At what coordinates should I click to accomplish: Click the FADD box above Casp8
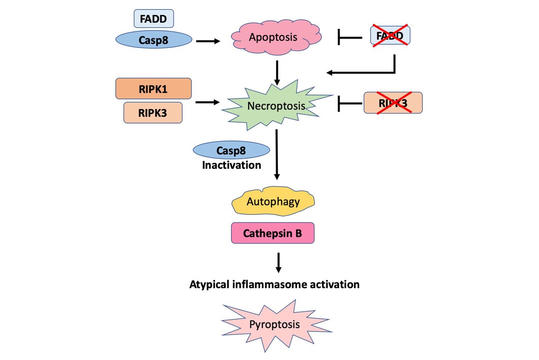[x=153, y=18]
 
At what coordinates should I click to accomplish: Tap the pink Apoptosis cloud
[x=273, y=37]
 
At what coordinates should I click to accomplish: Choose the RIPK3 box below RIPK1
[x=153, y=113]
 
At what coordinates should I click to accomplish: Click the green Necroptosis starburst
[x=276, y=106]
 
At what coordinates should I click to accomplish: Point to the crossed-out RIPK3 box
[x=393, y=103]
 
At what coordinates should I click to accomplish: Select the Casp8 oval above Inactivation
[x=231, y=150]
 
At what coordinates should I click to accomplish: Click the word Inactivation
[x=231, y=165]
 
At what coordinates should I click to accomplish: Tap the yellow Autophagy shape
[x=273, y=201]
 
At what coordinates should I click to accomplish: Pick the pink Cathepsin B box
[x=272, y=234]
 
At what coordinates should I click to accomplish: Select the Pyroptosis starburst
[x=275, y=324]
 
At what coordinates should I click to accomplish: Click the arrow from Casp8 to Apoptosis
[x=208, y=41]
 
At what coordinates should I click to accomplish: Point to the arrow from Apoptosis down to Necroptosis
[x=277, y=73]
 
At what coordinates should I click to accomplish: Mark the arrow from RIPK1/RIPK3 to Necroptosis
[x=208, y=103]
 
